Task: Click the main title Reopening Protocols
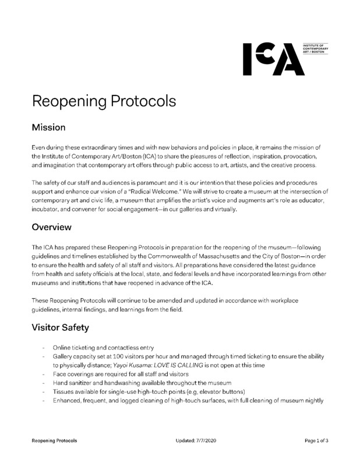coord(104,100)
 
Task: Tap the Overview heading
coord(52,227)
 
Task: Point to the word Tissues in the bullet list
coord(63,392)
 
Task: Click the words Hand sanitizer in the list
coord(71,383)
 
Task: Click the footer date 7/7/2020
coord(196,441)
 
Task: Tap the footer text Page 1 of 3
coord(317,441)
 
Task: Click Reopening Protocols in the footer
coord(54,441)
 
